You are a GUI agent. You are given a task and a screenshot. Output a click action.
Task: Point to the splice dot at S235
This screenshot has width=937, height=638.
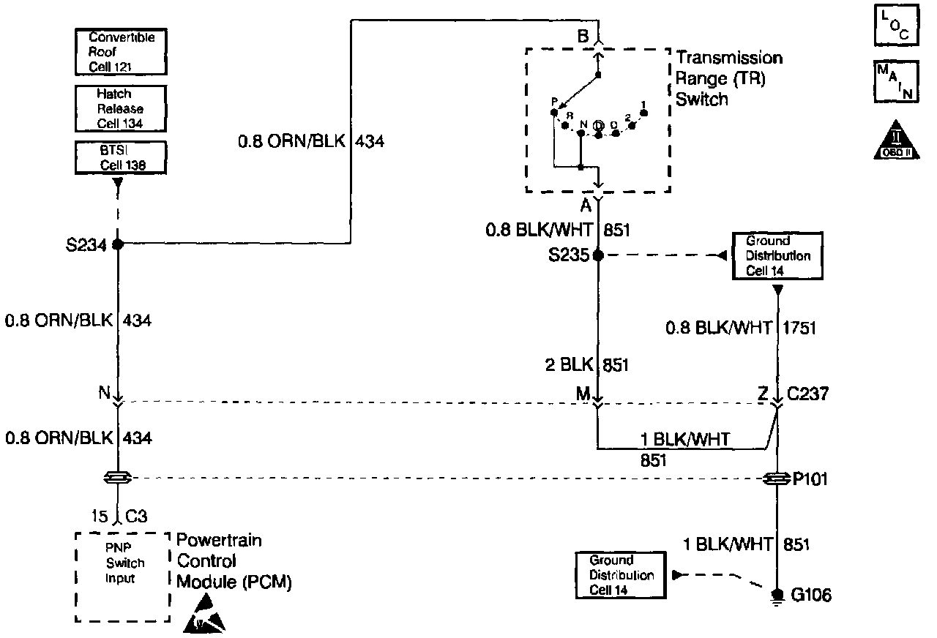click(x=598, y=256)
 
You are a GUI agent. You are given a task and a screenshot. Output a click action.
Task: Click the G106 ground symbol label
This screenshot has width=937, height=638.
click(x=810, y=596)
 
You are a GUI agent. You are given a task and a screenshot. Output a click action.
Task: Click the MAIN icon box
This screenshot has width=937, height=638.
click(x=895, y=81)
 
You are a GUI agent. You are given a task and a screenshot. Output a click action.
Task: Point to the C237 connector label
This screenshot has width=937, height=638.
click(x=809, y=394)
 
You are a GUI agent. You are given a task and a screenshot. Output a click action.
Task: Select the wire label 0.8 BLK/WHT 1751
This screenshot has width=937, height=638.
click(x=739, y=329)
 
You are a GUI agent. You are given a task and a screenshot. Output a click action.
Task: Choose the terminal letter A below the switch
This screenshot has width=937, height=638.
click(x=586, y=205)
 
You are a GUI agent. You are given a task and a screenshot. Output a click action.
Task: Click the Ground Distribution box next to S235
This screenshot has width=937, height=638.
click(x=777, y=256)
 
